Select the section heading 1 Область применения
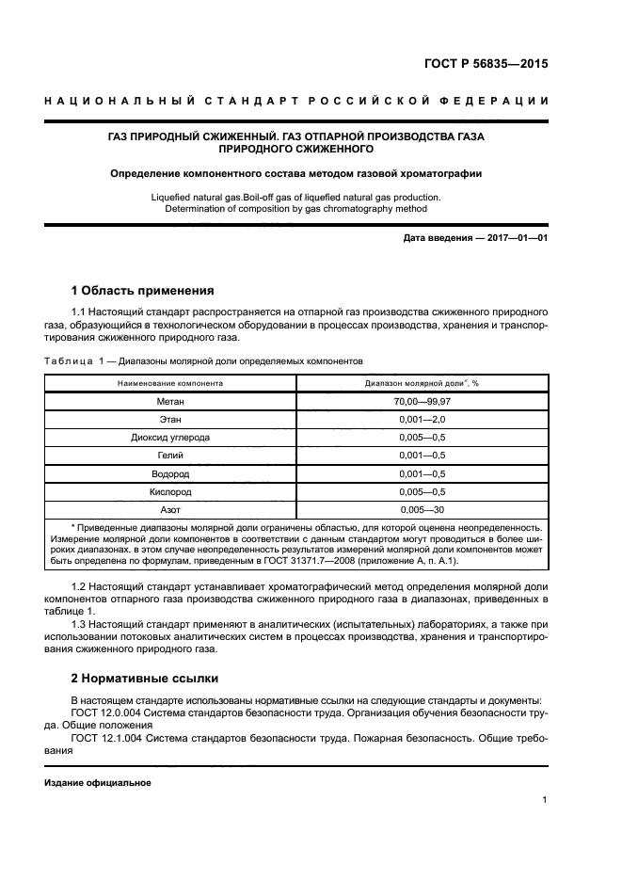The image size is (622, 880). pos(143,290)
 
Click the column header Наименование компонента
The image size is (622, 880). pos(170,384)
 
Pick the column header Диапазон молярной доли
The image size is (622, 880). pos(423,384)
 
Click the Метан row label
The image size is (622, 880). pos(170,402)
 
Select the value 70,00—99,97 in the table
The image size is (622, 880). pos(423,402)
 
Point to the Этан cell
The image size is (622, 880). pos(170,420)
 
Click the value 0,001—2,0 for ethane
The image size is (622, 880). pos(423,420)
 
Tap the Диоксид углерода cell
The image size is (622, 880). pos(170,438)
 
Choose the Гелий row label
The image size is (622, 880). pos(170,456)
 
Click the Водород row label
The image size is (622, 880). pos(170,473)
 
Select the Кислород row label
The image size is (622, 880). pos(170,491)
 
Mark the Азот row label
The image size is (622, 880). pos(170,509)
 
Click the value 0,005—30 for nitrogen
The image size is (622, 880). pos(423,509)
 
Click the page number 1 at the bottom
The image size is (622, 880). pos(545,800)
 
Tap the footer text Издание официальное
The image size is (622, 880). pos(98,783)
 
